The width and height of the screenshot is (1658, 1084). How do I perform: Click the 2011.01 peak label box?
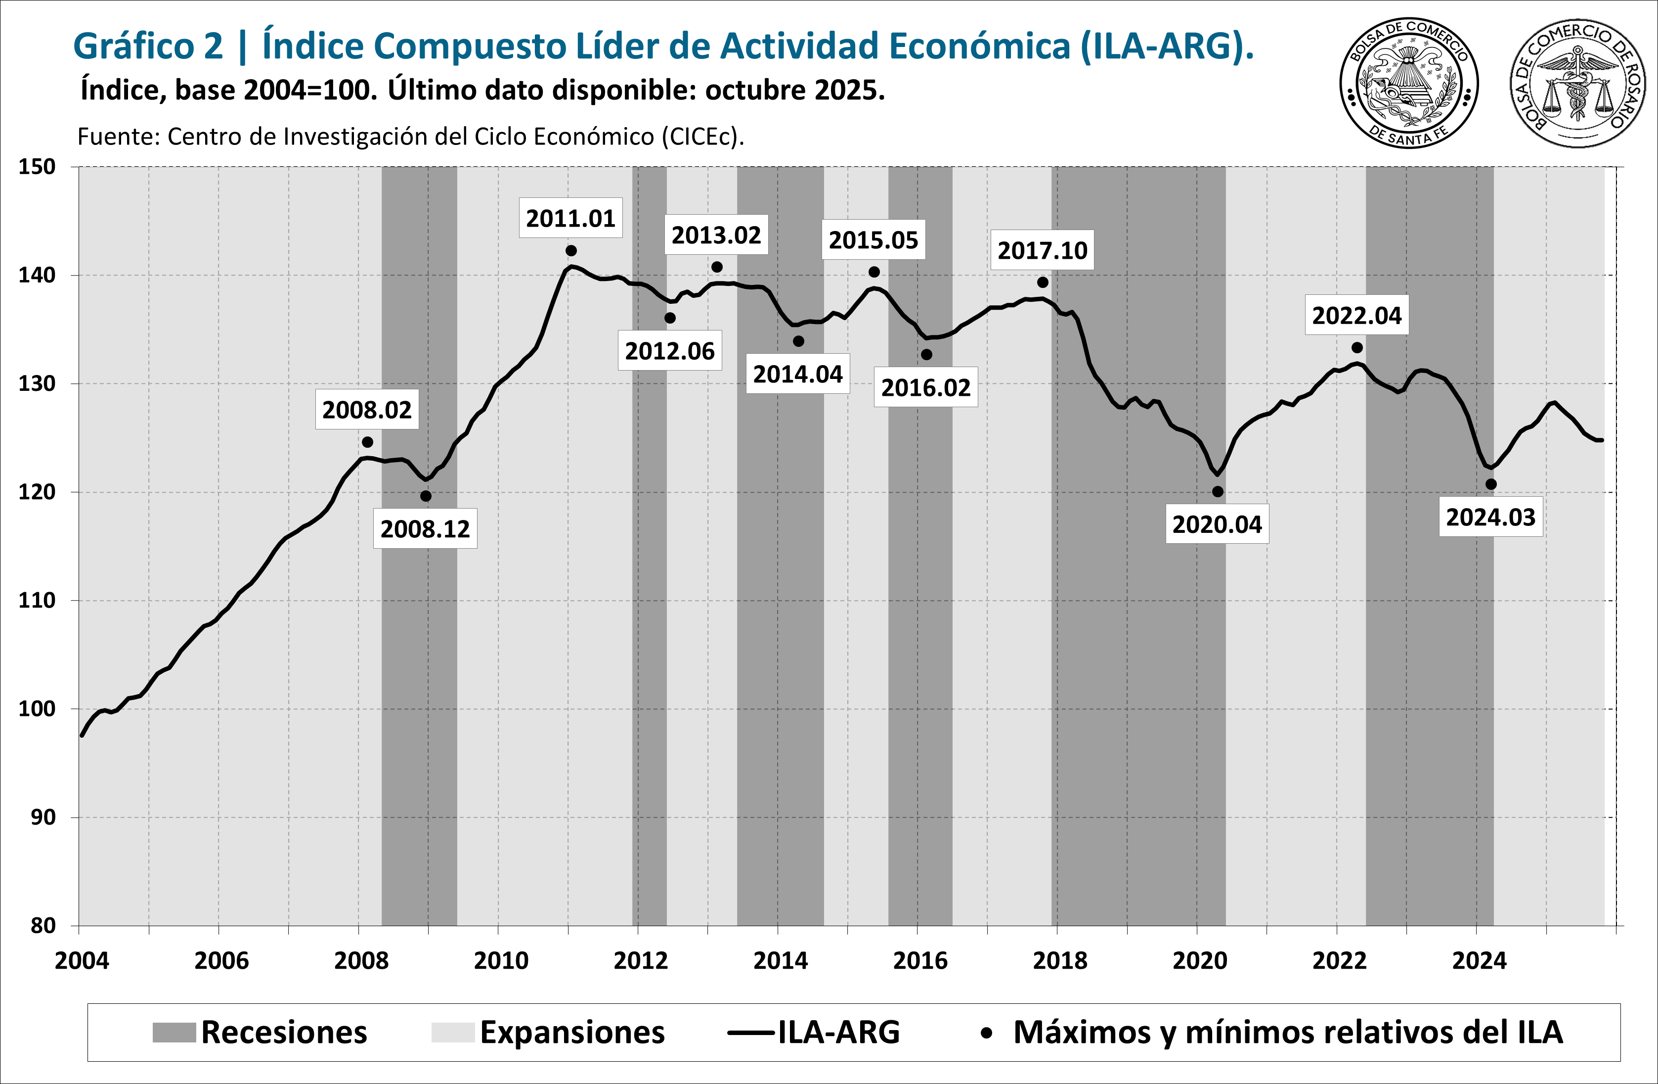[570, 218]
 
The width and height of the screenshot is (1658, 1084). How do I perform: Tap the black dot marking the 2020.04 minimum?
[1217, 491]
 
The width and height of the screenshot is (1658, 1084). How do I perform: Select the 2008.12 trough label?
[425, 529]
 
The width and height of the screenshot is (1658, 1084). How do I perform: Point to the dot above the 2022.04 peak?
[1356, 347]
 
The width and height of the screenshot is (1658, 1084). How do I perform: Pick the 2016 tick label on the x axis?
[920, 961]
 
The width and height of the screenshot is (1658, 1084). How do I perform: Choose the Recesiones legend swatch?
[174, 1033]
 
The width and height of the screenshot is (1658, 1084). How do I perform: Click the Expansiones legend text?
[572, 1033]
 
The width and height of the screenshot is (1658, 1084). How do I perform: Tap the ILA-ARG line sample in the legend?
[751, 1033]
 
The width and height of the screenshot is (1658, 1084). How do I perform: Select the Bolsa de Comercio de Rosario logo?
[1577, 84]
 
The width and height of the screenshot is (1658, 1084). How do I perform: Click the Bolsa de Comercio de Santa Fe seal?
[1408, 84]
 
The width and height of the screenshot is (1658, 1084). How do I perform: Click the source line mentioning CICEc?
[410, 137]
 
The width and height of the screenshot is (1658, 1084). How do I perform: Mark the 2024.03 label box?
[1490, 517]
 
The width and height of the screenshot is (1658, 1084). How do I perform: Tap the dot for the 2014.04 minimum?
[798, 341]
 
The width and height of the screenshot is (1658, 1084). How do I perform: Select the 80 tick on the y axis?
[43, 926]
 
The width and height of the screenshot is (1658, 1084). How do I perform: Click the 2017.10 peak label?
[1042, 250]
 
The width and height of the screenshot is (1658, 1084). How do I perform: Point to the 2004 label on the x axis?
[82, 961]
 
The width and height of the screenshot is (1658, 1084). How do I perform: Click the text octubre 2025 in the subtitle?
[794, 91]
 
